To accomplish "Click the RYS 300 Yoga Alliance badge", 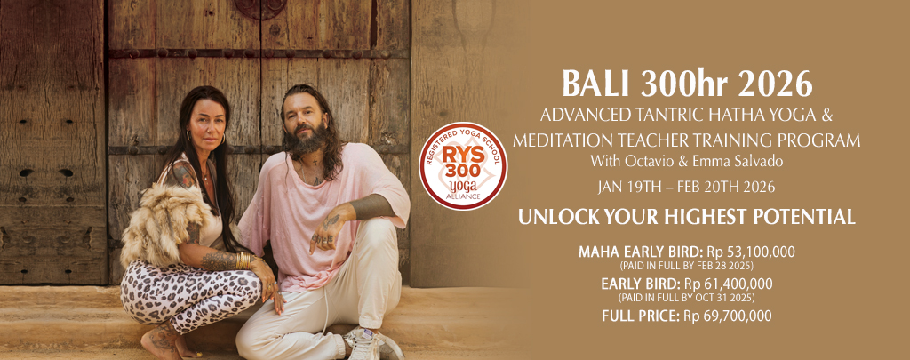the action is tap(462, 165).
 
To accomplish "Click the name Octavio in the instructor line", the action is tap(642, 161).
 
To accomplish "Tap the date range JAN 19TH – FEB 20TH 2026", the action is tap(687, 187).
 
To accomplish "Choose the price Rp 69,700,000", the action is tap(728, 316).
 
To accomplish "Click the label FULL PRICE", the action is tap(642, 316).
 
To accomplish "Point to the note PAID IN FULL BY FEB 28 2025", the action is tap(687, 266).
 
